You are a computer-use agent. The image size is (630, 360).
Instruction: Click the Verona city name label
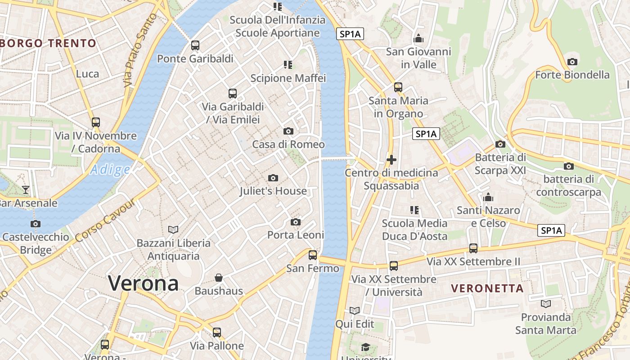tap(143, 283)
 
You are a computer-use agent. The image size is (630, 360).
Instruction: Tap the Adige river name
tap(110, 170)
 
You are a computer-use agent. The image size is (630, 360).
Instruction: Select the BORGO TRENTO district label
tap(49, 44)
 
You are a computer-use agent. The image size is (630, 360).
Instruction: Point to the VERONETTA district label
tap(487, 288)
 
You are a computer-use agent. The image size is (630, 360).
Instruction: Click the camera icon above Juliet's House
tap(273, 178)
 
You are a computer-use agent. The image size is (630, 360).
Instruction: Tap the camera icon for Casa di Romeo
tap(288, 131)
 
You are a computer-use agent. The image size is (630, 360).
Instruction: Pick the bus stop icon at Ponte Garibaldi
tap(195, 45)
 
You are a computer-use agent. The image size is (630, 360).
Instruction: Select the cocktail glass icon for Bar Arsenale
tap(26, 190)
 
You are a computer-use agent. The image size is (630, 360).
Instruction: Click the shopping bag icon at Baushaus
tap(219, 278)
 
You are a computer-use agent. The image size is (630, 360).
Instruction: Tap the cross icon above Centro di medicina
tap(391, 160)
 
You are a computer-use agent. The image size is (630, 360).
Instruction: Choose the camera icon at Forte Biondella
tap(572, 62)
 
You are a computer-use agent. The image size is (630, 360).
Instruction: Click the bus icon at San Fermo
tap(313, 255)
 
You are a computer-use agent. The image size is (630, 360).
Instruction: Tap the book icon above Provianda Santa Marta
tap(546, 304)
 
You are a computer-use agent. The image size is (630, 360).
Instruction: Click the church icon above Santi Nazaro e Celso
tap(488, 197)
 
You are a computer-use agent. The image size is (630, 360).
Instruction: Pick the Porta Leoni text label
tap(296, 235)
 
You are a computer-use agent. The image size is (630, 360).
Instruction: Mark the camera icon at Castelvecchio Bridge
tap(36, 224)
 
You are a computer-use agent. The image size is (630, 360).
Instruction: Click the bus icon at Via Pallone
tap(217, 333)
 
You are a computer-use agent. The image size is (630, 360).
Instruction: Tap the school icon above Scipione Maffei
tap(288, 65)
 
